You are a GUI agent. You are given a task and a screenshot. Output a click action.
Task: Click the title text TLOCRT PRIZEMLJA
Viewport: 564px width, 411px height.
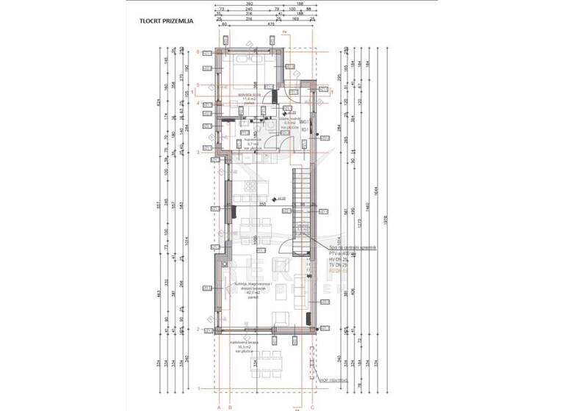[167, 22]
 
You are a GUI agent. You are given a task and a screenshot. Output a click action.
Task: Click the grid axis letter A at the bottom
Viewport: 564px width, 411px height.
[218, 404]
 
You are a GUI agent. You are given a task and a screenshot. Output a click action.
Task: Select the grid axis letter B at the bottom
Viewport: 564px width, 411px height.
[230, 404]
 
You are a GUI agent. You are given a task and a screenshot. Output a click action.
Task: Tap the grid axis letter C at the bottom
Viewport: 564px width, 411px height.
[314, 404]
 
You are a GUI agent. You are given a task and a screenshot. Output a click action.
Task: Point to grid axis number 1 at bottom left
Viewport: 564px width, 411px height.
[199, 387]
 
